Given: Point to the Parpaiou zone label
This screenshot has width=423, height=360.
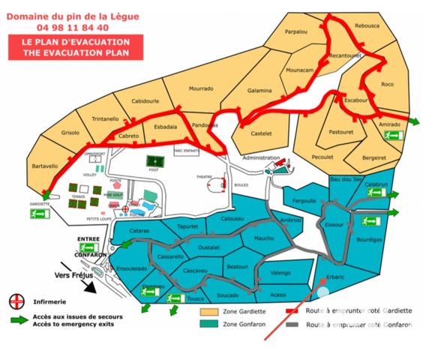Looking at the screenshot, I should (298, 32).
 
